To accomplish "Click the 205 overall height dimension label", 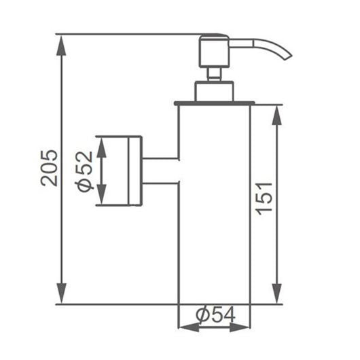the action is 49,168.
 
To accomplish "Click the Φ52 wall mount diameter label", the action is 84,171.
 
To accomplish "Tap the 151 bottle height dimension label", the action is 264,199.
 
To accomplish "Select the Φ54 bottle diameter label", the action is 215,315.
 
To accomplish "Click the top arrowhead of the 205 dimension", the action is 61,46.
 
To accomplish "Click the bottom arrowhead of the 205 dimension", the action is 61,293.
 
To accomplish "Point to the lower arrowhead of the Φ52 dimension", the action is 101,194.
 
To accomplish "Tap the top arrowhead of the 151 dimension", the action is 277,115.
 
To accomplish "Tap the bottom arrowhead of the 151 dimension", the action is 277,293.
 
